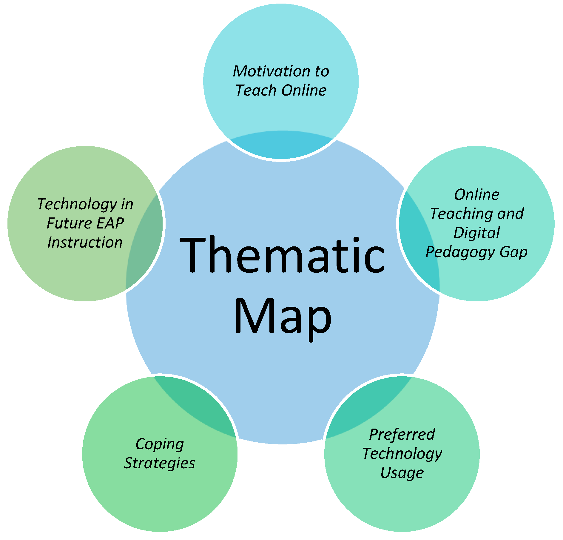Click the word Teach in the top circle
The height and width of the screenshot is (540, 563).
(x=257, y=90)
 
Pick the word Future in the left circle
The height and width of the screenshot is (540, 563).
(x=69, y=223)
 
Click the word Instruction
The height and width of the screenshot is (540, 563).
(x=85, y=242)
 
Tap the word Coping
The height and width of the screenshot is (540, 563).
(x=160, y=444)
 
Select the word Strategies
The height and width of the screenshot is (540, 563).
(x=160, y=463)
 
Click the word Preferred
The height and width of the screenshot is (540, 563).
(x=402, y=435)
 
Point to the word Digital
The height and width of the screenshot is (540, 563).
(x=476, y=233)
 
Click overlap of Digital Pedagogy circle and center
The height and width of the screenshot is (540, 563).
(x=419, y=242)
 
